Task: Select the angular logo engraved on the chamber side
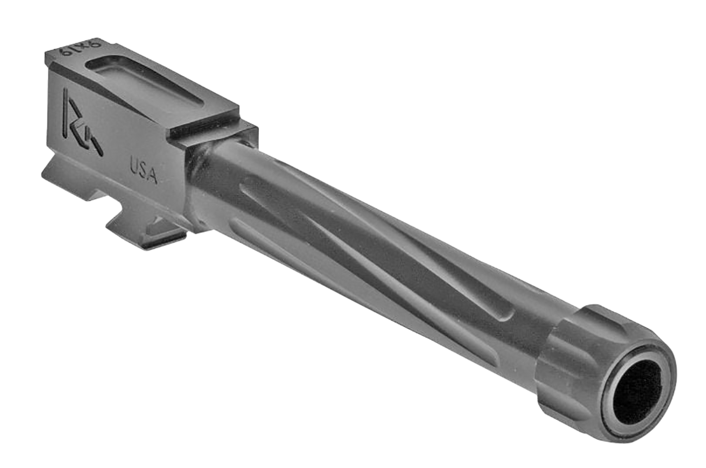81,122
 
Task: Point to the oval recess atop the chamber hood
144,81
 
